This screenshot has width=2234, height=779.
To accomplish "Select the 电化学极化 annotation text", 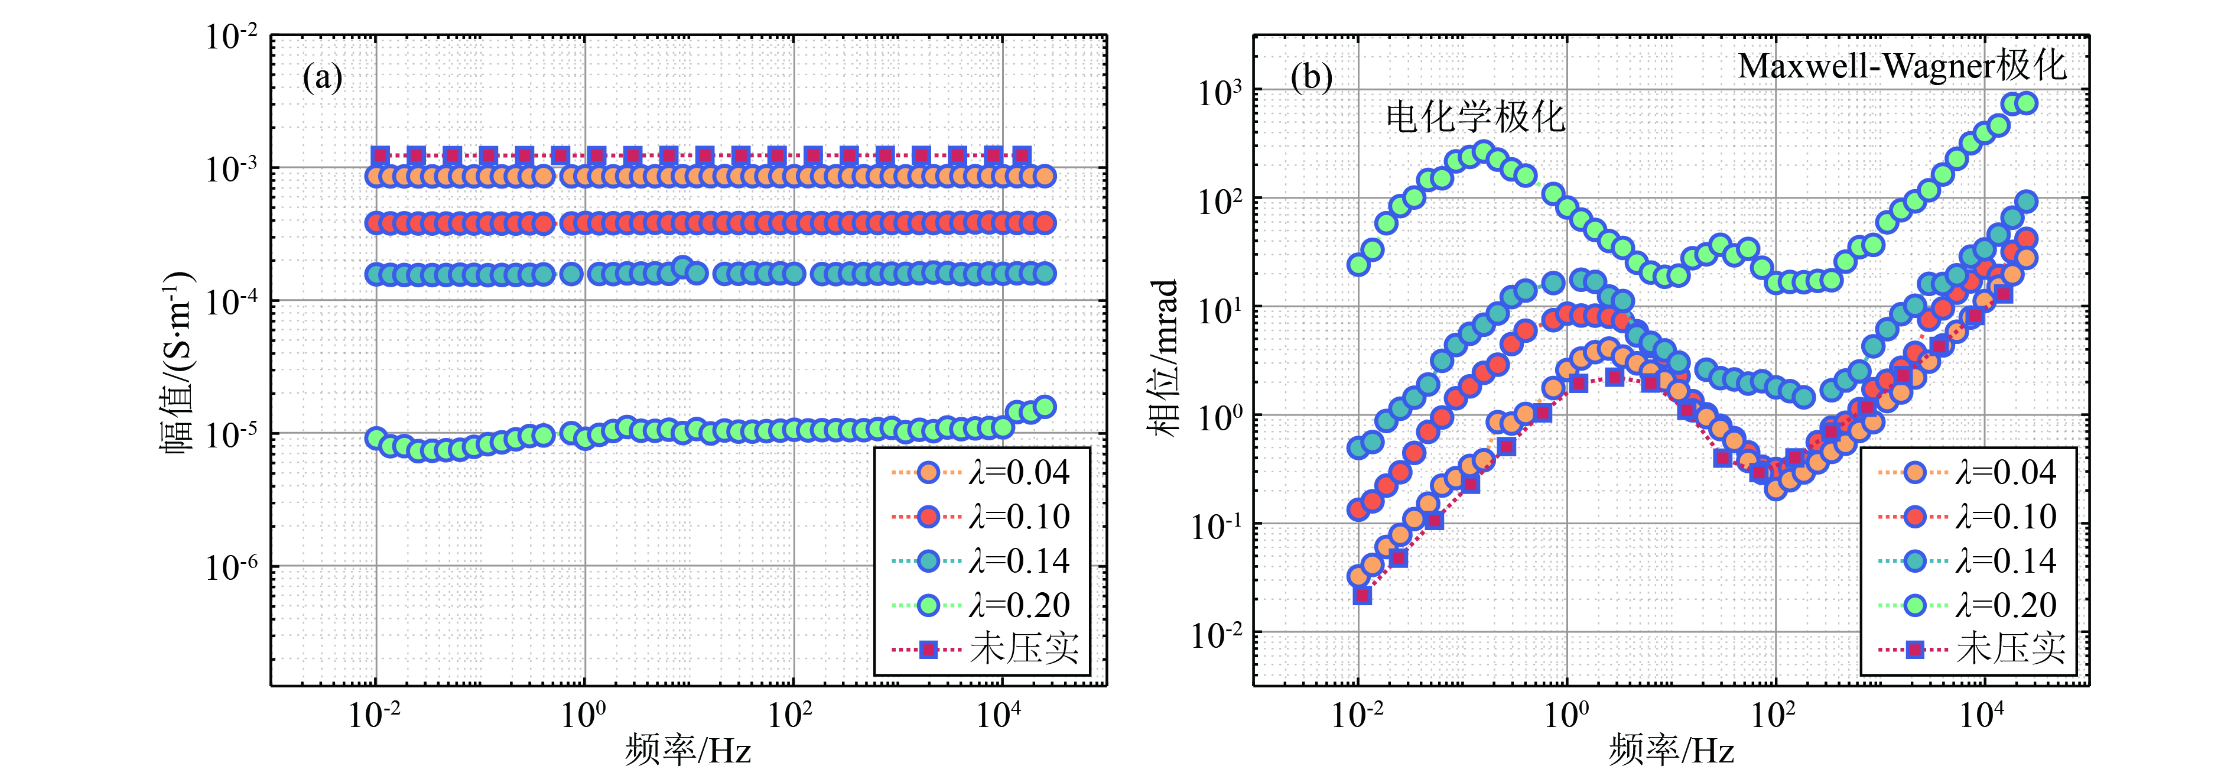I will tap(1474, 117).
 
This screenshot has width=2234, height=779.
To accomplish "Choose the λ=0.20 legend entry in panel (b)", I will tap(1969, 605).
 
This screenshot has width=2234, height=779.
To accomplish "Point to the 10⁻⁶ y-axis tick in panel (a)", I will tap(232, 567).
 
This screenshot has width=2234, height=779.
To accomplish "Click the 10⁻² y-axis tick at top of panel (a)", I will tap(232, 37).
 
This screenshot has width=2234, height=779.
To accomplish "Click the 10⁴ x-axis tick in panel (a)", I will tap(1000, 715).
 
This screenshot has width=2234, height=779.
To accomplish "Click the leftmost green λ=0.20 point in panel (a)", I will tap(376, 438).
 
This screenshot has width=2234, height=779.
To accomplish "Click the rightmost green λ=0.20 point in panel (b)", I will tap(2027, 103).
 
